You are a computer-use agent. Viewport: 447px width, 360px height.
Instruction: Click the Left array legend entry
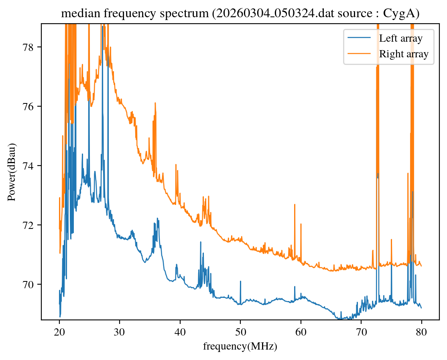pyautogui.click(x=400, y=38)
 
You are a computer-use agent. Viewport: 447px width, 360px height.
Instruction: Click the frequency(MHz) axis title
pyautogui.click(x=240, y=346)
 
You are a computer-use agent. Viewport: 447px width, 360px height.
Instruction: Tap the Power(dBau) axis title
pyautogui.click(x=12, y=172)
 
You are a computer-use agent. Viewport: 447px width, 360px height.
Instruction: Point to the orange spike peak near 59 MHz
pyautogui.click(x=295, y=204)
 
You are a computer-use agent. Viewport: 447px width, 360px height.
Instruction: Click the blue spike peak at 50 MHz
pyautogui.click(x=240, y=281)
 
